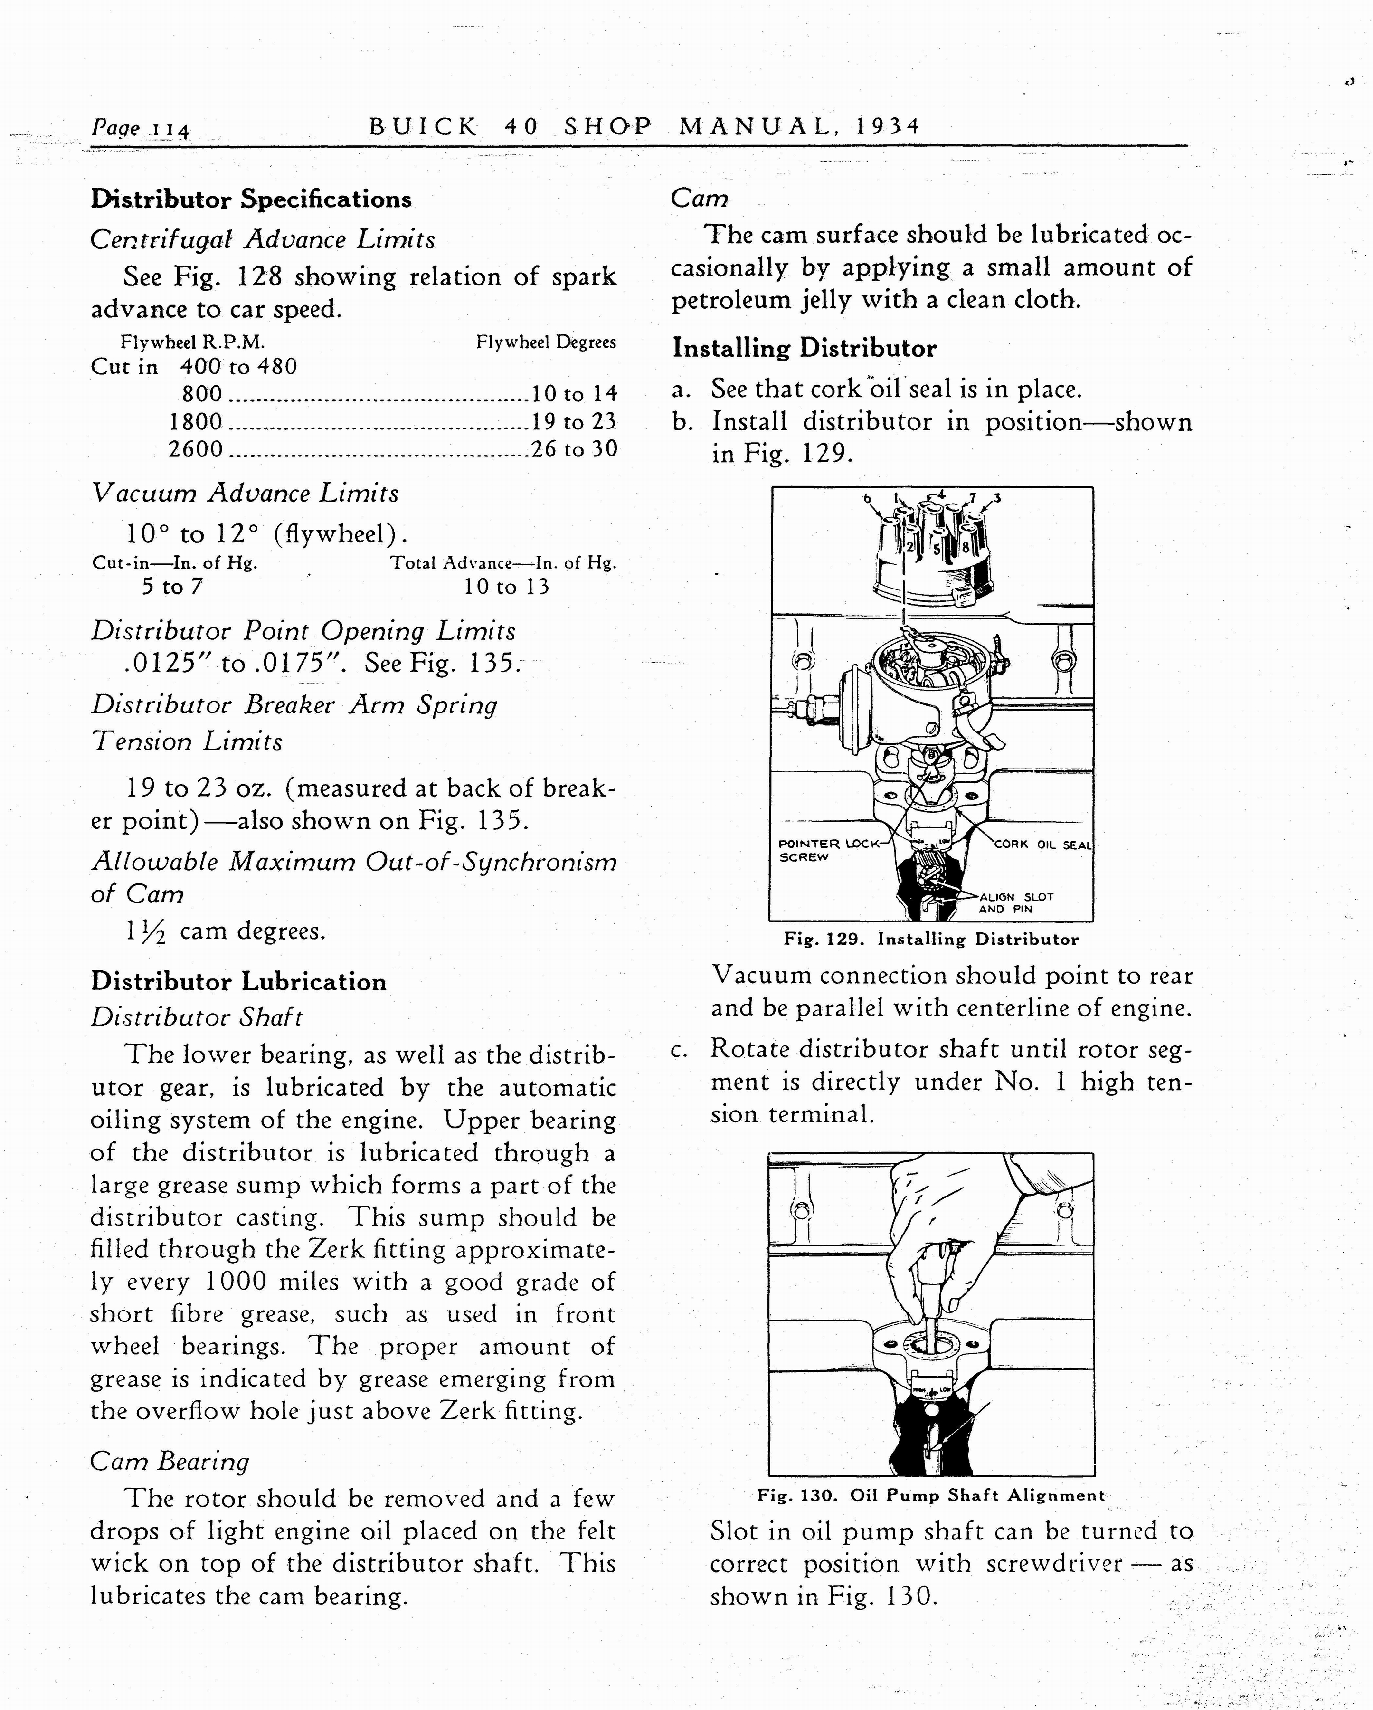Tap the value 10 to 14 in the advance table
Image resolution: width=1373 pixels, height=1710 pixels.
(x=574, y=393)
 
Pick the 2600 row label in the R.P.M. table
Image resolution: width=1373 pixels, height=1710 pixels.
(x=195, y=449)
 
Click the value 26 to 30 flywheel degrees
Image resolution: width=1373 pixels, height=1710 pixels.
(x=574, y=449)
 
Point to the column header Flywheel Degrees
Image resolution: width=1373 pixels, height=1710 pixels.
(x=546, y=342)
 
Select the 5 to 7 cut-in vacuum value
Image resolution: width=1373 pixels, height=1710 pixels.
(x=172, y=587)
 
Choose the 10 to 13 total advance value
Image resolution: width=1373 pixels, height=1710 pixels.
(x=506, y=587)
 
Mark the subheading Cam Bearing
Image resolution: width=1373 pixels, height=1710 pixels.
(x=169, y=1461)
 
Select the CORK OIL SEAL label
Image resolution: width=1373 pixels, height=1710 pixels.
(x=1042, y=845)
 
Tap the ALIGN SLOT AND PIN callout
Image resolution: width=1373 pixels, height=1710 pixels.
(x=1015, y=902)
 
